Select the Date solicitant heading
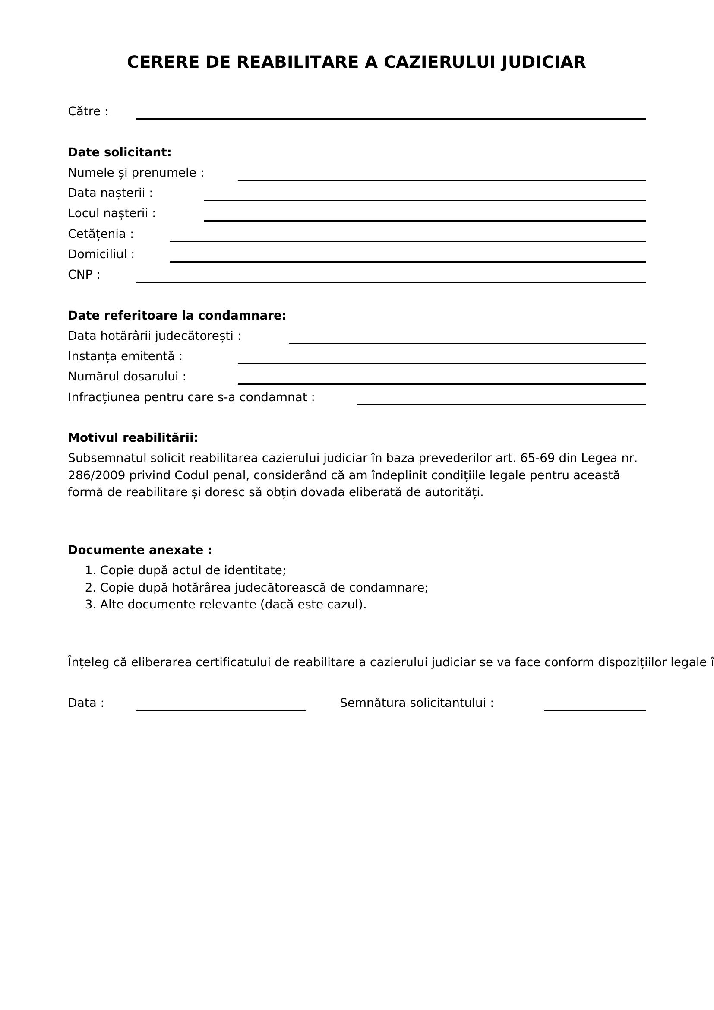coord(120,152)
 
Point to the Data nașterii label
coord(111,193)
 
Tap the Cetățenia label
coord(101,234)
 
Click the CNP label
coord(84,275)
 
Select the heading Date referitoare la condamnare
coord(177,316)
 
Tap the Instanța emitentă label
coord(125,356)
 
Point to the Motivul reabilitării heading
coord(133,438)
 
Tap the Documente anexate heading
coord(140,550)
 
